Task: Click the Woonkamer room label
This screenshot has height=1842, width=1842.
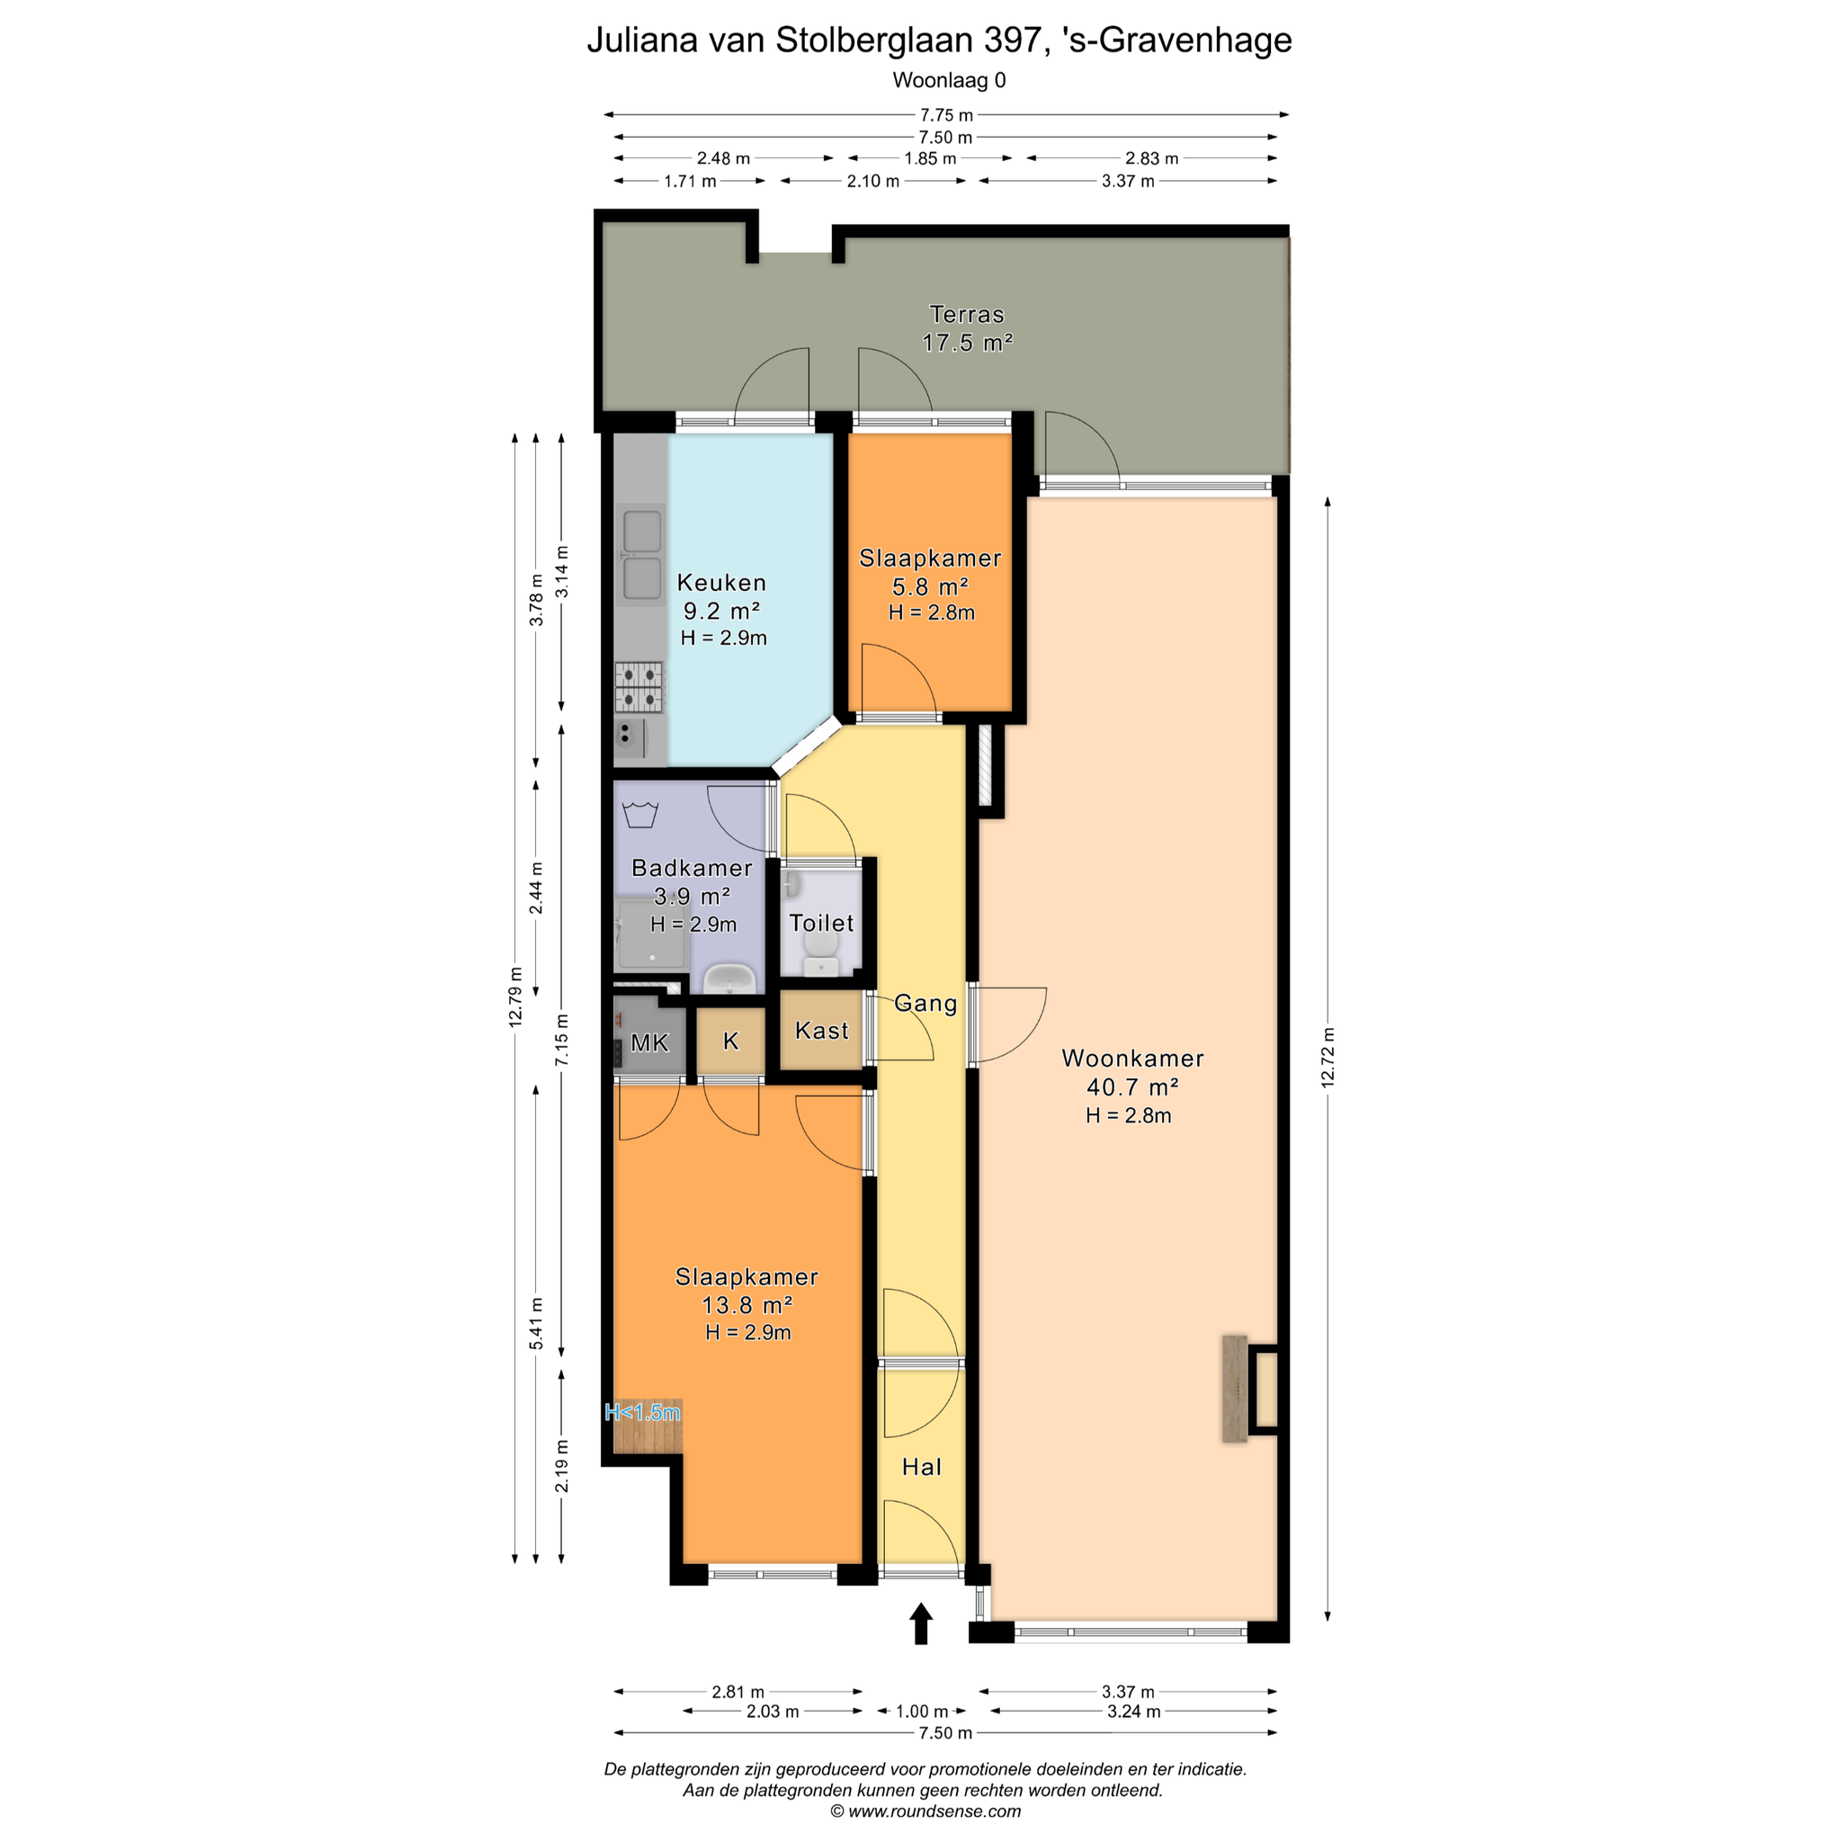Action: (1131, 1059)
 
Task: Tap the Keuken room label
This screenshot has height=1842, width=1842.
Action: (721, 583)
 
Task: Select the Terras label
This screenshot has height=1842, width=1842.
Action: (967, 315)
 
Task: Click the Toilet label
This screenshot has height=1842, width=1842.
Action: (822, 923)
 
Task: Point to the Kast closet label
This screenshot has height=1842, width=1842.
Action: (822, 1031)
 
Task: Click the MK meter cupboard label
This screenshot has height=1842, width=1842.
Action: (650, 1043)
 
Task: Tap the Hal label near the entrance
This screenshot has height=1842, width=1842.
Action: (922, 1467)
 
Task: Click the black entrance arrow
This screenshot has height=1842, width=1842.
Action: (921, 1623)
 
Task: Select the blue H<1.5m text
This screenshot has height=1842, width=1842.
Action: (642, 1412)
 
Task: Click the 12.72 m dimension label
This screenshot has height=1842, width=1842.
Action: (1328, 1058)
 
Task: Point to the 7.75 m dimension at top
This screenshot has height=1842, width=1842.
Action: (947, 115)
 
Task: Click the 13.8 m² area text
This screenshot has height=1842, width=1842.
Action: (747, 1305)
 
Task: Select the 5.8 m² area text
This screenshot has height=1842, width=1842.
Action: (931, 586)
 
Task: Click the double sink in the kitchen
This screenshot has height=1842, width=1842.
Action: (640, 555)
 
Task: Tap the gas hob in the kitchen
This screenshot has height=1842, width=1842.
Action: (639, 687)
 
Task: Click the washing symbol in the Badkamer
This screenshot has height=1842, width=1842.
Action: (639, 815)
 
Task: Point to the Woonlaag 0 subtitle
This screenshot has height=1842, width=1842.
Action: (949, 80)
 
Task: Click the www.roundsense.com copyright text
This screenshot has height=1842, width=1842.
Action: (925, 1811)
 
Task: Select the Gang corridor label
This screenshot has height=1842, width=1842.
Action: (925, 1003)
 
